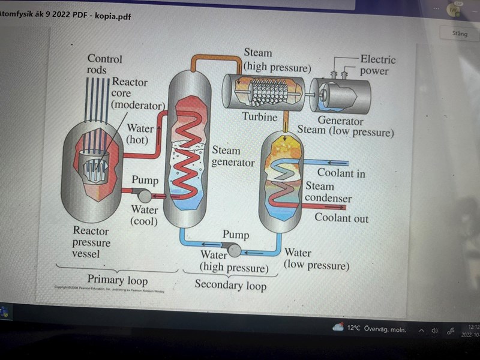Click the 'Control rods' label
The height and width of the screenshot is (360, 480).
click(104, 64)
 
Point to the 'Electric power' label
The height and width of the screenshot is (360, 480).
click(377, 65)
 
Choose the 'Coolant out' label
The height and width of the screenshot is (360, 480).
click(341, 218)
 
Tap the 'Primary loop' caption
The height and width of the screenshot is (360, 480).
click(117, 280)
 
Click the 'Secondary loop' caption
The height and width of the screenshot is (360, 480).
click(230, 284)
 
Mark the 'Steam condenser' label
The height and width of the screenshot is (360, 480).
click(328, 192)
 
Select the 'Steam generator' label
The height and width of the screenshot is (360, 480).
click(233, 156)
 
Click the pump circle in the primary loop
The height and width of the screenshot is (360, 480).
click(145, 194)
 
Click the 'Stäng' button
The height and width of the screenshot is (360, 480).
click(460, 34)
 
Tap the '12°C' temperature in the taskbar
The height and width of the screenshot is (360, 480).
click(354, 328)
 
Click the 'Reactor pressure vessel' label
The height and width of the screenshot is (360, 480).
click(91, 242)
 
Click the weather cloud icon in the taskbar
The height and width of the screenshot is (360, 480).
click(338, 328)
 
